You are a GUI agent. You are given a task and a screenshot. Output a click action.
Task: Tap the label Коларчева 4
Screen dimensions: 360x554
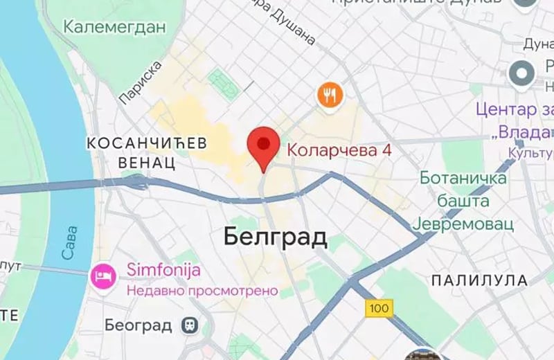(x=335, y=149)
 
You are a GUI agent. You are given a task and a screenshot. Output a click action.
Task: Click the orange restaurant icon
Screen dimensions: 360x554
(x=331, y=94)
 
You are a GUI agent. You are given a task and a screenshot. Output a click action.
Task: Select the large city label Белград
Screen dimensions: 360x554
(x=276, y=237)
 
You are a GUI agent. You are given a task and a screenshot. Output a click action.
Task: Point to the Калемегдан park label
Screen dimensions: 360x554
(x=115, y=28)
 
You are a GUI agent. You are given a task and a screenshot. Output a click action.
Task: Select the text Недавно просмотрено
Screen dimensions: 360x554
(x=202, y=291)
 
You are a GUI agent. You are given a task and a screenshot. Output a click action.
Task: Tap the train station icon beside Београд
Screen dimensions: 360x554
(x=187, y=325)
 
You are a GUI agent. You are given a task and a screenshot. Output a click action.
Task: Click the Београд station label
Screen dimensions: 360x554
(x=138, y=325)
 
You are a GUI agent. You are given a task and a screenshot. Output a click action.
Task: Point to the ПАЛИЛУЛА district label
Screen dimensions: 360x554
(x=479, y=280)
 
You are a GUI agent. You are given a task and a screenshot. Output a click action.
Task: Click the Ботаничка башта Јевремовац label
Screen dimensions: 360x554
(x=464, y=201)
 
